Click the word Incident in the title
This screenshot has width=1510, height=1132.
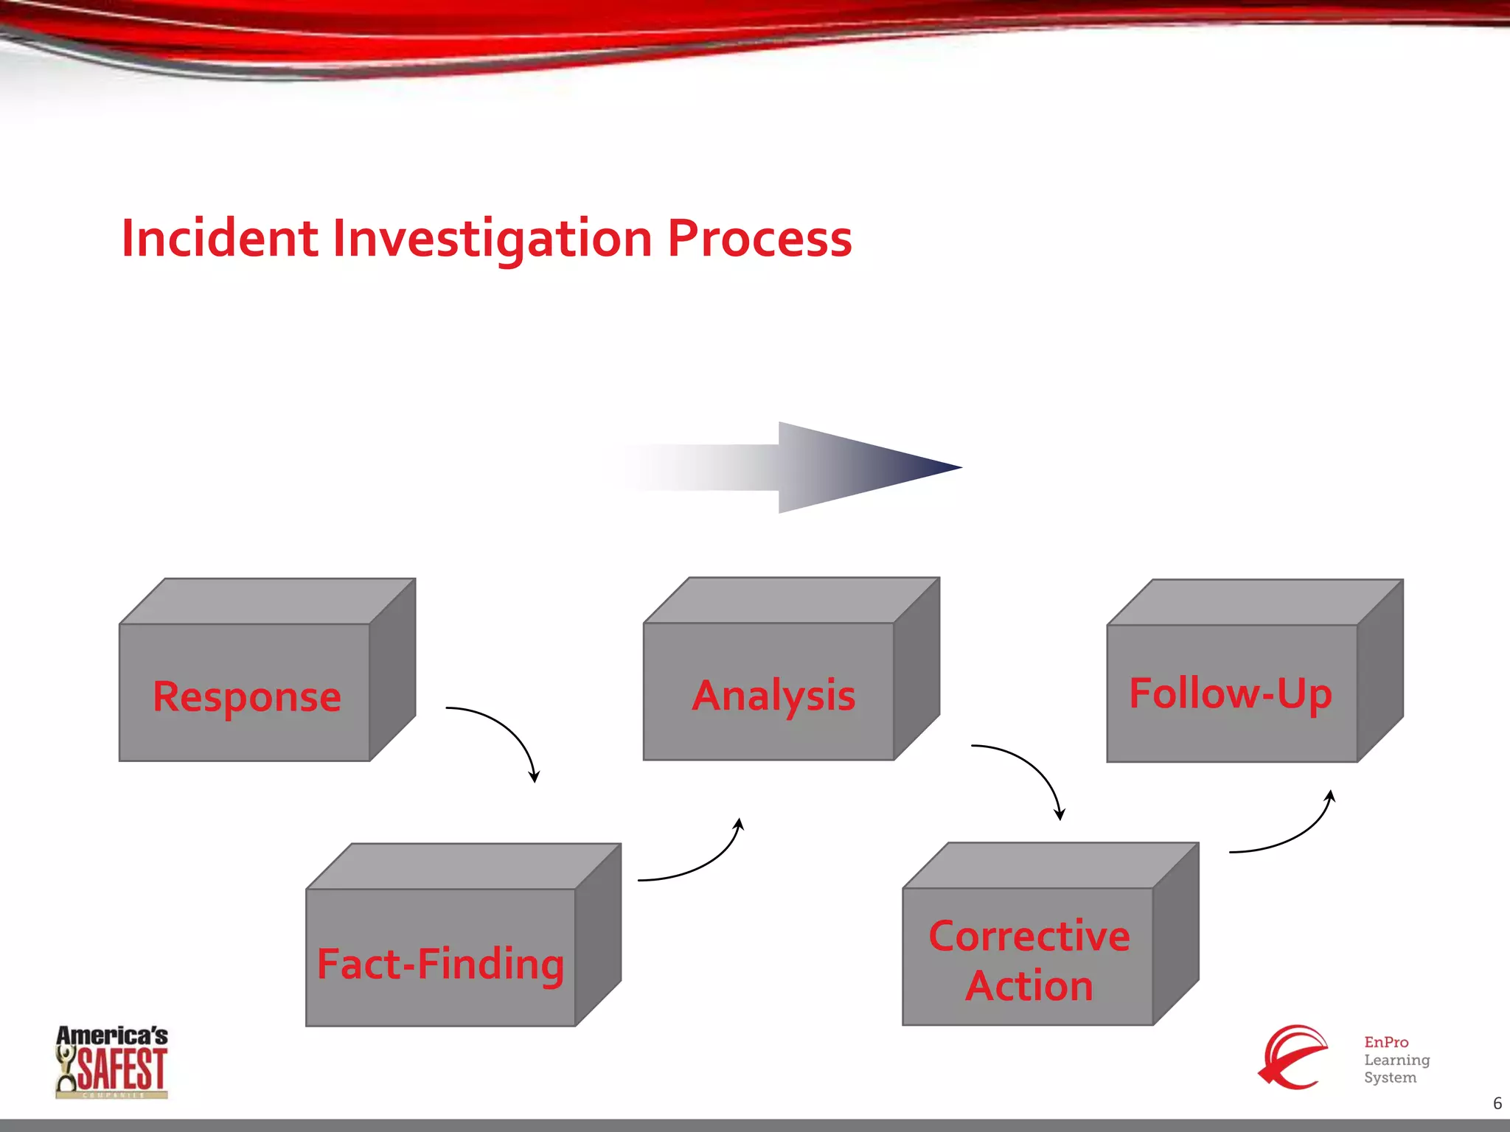(x=219, y=239)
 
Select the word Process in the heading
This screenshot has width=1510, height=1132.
(x=759, y=239)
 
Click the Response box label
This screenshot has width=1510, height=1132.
(x=246, y=696)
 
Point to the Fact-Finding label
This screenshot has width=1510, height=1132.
(x=440, y=965)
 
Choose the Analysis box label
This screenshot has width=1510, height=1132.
(x=773, y=696)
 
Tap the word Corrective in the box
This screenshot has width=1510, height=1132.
(x=1029, y=937)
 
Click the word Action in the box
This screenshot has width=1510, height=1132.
(x=1029, y=986)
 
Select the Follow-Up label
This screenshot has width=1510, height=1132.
(x=1230, y=693)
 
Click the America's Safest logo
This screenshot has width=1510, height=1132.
(x=112, y=1061)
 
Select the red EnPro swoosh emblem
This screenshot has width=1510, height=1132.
(x=1292, y=1057)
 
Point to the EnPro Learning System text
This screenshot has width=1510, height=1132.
(x=1396, y=1060)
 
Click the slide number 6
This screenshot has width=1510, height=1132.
(x=1497, y=1103)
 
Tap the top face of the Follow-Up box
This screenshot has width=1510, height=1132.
(x=1253, y=602)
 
